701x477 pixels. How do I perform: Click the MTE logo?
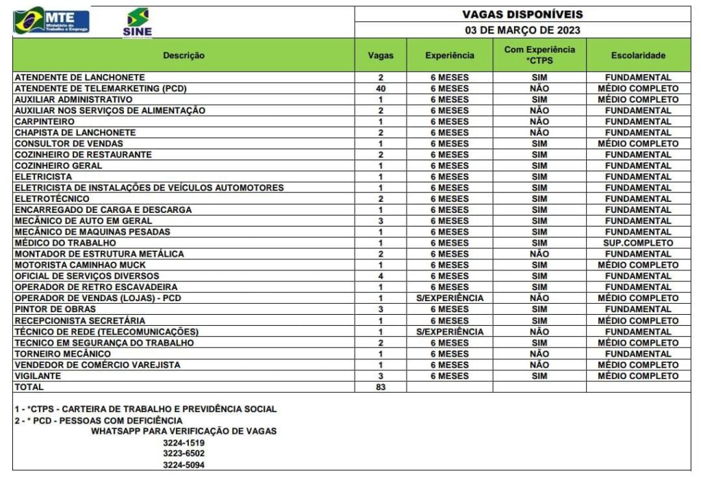(51, 21)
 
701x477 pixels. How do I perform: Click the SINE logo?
(137, 23)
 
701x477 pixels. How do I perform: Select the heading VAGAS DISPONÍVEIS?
(522, 14)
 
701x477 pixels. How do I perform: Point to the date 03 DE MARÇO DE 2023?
(522, 30)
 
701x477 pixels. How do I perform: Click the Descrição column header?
(183, 55)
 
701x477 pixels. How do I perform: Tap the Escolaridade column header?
(638, 55)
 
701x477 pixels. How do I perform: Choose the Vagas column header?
(381, 55)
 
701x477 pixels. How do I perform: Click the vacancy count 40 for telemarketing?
(381, 88)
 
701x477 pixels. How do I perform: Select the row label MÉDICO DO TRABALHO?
(66, 243)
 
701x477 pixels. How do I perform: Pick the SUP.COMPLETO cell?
(638, 243)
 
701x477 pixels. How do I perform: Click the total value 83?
(381, 387)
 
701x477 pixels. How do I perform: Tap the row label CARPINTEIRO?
(45, 121)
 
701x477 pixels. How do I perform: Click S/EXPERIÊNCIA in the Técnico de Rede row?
(449, 331)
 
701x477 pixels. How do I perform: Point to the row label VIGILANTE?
(38, 376)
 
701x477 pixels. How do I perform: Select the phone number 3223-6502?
(183, 453)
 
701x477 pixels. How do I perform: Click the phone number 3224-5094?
(183, 465)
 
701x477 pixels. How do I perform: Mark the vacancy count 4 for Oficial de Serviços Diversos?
(381, 276)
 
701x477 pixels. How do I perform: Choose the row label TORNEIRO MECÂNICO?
(63, 354)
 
